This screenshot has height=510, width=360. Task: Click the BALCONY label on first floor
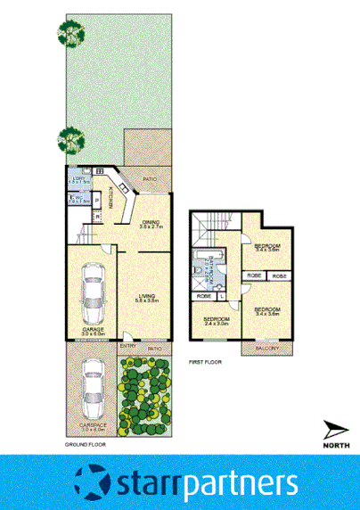click(x=269, y=349)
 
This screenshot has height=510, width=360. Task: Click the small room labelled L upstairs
click(x=220, y=295)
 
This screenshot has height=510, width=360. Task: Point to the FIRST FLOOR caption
click(x=204, y=363)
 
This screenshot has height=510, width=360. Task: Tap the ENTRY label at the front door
click(x=128, y=348)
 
